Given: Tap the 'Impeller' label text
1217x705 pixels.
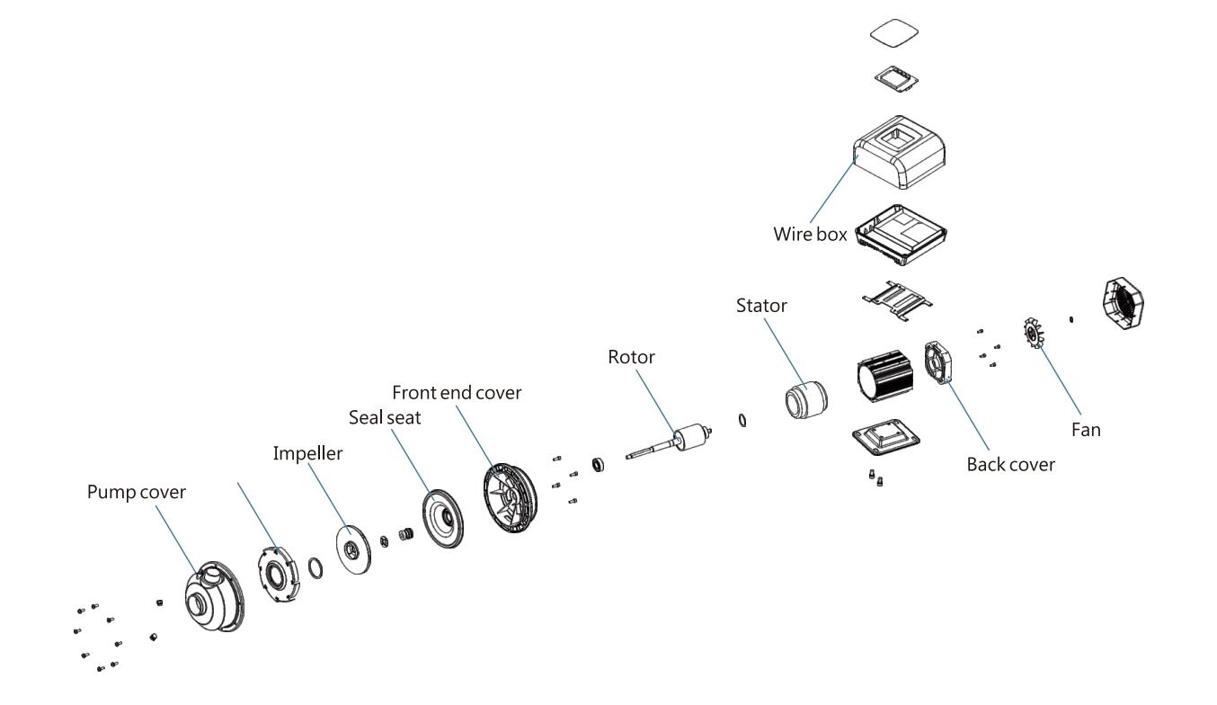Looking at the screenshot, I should pos(307,453).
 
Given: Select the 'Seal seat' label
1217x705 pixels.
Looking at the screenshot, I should pos(386,418).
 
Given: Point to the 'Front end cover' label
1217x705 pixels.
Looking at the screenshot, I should pos(456,392).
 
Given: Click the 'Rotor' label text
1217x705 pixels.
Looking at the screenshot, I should pos(631,357).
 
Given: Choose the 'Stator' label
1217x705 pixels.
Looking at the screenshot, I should pos(761,305).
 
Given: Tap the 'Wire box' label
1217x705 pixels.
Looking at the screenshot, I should pos(810,234).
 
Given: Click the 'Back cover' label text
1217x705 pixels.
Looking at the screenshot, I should pos(1009,465).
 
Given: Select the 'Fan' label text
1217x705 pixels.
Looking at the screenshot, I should pos(1085,430).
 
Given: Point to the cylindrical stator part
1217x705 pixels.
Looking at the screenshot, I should pos(805,399).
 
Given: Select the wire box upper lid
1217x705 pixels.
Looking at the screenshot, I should pos(901,154).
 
